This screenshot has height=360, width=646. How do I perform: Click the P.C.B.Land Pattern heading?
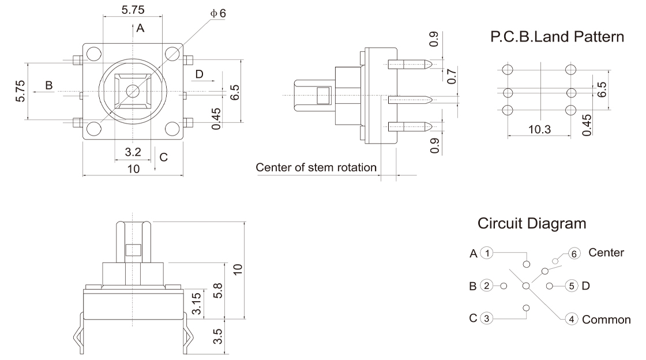click(557, 37)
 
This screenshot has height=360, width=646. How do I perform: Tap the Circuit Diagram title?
click(532, 223)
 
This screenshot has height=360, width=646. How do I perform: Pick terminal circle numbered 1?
click(488, 253)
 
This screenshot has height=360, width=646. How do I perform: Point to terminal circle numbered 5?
click(571, 286)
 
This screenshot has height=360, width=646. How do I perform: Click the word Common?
click(606, 320)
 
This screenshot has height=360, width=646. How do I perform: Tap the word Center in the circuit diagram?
click(606, 253)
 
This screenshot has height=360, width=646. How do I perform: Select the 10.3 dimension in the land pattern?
click(539, 129)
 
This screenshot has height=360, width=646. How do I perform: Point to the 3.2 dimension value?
click(133, 152)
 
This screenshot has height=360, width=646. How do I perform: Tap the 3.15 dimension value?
click(196, 303)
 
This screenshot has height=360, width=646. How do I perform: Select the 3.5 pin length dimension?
click(217, 336)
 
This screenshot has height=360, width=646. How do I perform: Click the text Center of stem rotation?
click(316, 168)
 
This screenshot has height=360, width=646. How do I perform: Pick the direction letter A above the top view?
click(140, 27)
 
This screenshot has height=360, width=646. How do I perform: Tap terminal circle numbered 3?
click(488, 318)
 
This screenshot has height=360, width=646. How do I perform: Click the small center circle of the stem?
click(133, 91)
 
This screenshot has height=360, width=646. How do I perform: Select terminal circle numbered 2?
click(488, 286)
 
